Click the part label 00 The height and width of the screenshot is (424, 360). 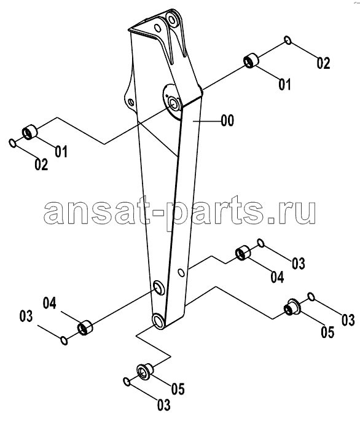pos(227,120)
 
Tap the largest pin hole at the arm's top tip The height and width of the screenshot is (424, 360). pos(171,20)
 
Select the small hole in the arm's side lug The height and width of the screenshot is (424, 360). pos(132,103)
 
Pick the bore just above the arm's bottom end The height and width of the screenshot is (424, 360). pos(158,287)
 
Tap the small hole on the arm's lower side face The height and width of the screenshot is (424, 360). pos(182,273)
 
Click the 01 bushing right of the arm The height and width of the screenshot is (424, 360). pos(251,61)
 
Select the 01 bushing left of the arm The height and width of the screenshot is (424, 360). pos(29,132)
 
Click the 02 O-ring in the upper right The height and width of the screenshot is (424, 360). pos(288,41)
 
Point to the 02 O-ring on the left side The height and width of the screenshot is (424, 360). pos(12,143)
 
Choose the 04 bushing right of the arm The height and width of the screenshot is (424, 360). pos(243,253)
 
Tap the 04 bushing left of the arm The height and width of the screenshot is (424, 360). pos(85,327)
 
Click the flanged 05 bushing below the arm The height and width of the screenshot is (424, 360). pos(144,371)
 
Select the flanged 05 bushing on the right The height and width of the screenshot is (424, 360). pos(292,307)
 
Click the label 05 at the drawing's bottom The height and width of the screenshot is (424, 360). pos(178,389)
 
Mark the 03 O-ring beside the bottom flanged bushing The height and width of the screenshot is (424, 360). pos(127,382)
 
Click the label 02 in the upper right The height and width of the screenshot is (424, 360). pos(324,63)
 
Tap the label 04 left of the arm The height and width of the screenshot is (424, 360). pos(50,303)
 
